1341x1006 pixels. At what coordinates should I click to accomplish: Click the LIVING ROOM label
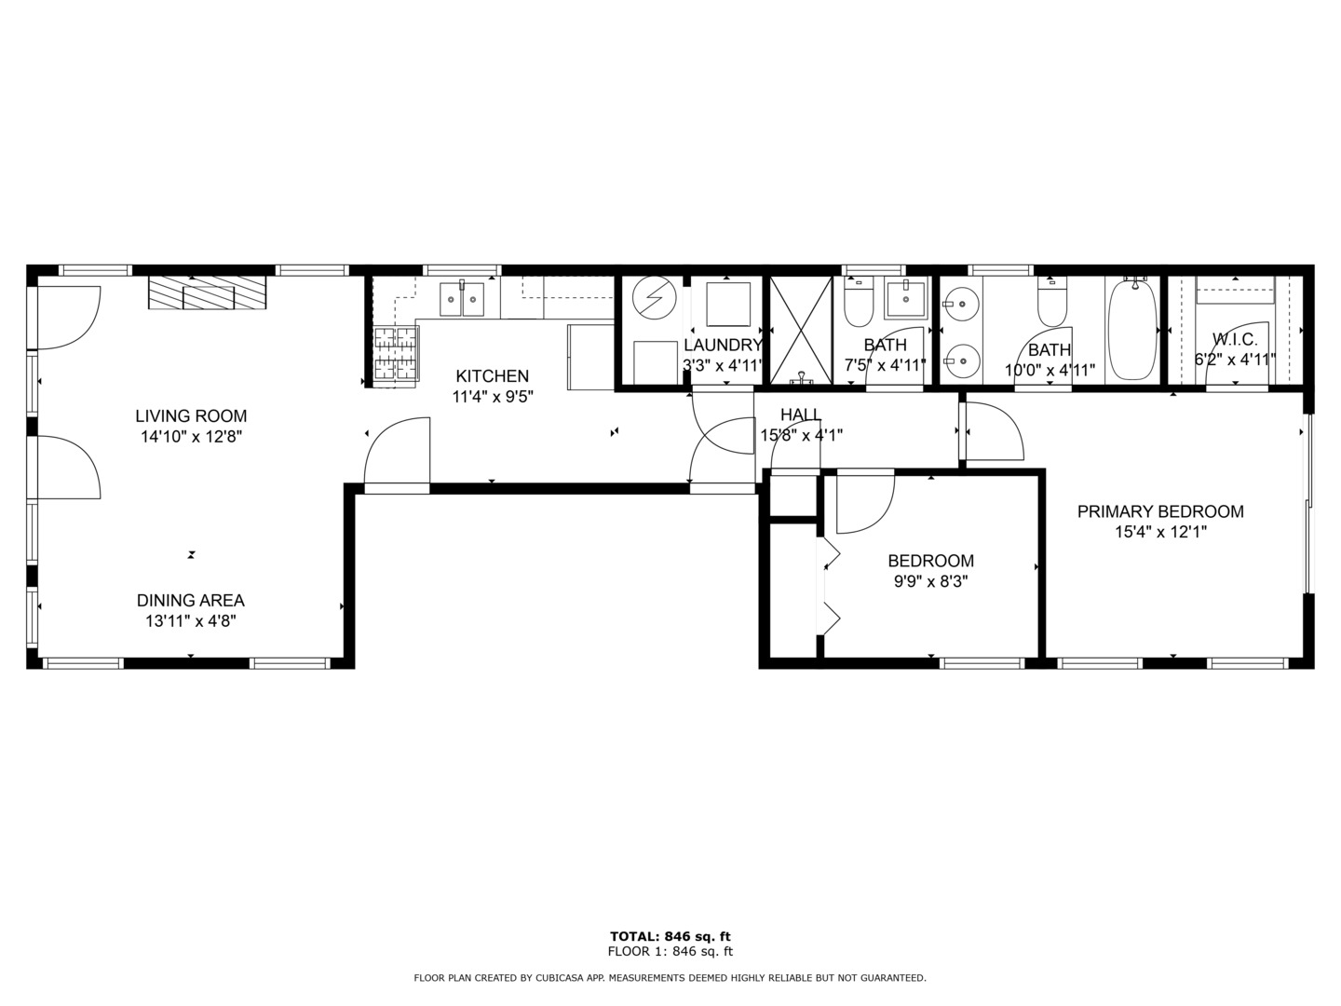tap(191, 415)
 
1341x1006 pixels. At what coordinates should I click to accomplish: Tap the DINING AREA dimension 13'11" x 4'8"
tap(191, 621)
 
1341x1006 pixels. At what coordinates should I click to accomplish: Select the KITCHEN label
tap(492, 376)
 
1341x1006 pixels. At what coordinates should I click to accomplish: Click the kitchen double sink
tap(462, 298)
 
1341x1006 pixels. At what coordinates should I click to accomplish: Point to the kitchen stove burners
tap(395, 356)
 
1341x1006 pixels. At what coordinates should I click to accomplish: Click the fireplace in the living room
tap(207, 292)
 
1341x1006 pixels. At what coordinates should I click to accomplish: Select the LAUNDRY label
tap(723, 345)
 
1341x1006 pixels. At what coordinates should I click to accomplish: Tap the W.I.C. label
tap(1235, 340)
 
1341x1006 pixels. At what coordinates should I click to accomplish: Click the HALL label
tap(801, 415)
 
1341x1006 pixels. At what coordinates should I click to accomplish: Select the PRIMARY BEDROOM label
tap(1160, 511)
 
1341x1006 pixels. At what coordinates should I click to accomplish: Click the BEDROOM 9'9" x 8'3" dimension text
tap(930, 581)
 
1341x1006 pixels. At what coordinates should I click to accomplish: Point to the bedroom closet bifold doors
tap(828, 587)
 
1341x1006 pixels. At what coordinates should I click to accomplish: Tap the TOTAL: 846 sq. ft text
tap(670, 936)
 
